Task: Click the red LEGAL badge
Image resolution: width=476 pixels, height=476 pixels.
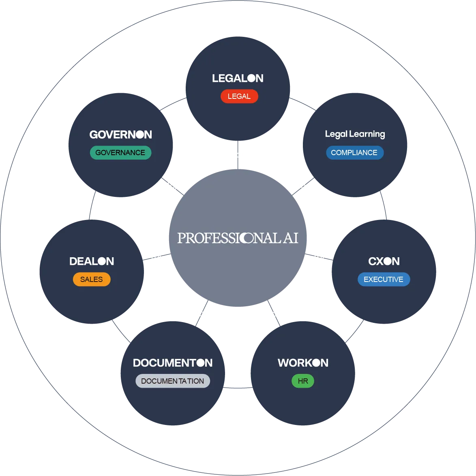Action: point(239,96)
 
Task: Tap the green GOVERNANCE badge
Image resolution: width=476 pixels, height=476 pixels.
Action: point(120,153)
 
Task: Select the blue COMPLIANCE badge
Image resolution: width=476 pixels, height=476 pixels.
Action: point(354,153)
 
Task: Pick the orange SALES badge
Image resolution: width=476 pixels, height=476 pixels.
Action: point(92,280)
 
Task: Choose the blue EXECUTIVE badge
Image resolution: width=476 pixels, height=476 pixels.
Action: point(384,280)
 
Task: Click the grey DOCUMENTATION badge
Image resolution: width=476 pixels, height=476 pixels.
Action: point(173,381)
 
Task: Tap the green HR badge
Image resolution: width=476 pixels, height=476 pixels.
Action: point(303,381)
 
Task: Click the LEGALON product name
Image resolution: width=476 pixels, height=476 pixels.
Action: point(238,78)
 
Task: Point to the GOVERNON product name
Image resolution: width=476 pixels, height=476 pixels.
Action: point(121,134)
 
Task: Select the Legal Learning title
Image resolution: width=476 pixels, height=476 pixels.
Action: point(355,134)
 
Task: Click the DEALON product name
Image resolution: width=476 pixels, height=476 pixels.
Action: point(92,261)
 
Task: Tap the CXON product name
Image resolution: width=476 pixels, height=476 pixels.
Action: point(384,261)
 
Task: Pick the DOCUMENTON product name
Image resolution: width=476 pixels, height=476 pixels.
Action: point(173,363)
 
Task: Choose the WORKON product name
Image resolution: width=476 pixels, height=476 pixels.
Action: point(303,363)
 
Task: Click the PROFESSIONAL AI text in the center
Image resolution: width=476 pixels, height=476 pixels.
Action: point(238,238)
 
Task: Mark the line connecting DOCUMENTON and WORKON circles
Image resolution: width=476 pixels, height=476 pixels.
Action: point(238,388)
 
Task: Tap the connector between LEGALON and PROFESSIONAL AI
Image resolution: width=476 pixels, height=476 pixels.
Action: point(238,156)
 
